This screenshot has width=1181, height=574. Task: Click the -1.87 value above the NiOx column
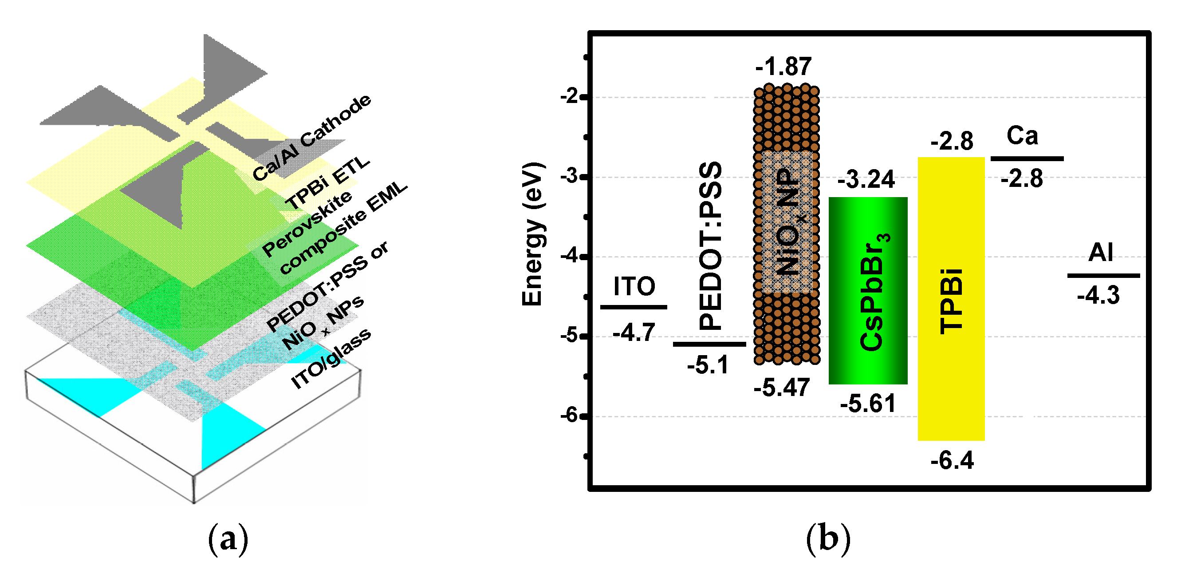pyautogui.click(x=783, y=67)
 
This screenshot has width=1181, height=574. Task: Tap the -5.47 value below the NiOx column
pyautogui.click(x=782, y=388)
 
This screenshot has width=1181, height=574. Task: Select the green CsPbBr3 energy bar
pyautogui.click(x=868, y=290)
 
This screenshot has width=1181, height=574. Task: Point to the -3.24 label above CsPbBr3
pyautogui.click(x=866, y=179)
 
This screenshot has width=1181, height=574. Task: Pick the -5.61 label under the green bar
pyautogui.click(x=867, y=404)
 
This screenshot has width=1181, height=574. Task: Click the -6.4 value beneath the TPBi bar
pyautogui.click(x=952, y=460)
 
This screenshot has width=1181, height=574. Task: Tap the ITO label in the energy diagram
pyautogui.click(x=634, y=286)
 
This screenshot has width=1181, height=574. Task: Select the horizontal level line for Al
pyautogui.click(x=1103, y=276)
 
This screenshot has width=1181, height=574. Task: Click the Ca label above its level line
pyautogui.click(x=1022, y=136)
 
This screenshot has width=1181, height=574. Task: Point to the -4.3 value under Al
pyautogui.click(x=1098, y=295)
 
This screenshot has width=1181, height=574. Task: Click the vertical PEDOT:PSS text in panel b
pyautogui.click(x=710, y=245)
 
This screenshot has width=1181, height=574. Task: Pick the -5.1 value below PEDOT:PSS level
pyautogui.click(x=708, y=366)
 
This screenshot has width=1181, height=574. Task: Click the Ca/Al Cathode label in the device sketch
pyautogui.click(x=312, y=138)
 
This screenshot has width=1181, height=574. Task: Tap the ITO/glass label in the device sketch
pyautogui.click(x=331, y=359)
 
